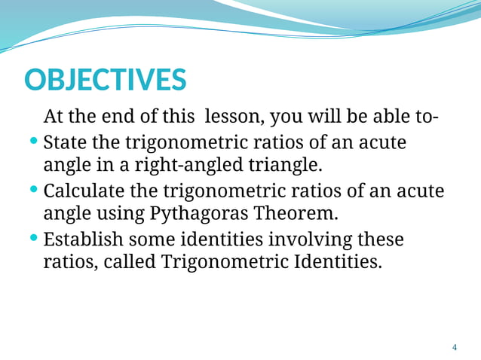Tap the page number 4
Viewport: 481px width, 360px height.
pos(454,347)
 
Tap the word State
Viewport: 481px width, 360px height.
pos(66,142)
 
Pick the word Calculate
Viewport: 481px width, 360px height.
pos(84,191)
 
